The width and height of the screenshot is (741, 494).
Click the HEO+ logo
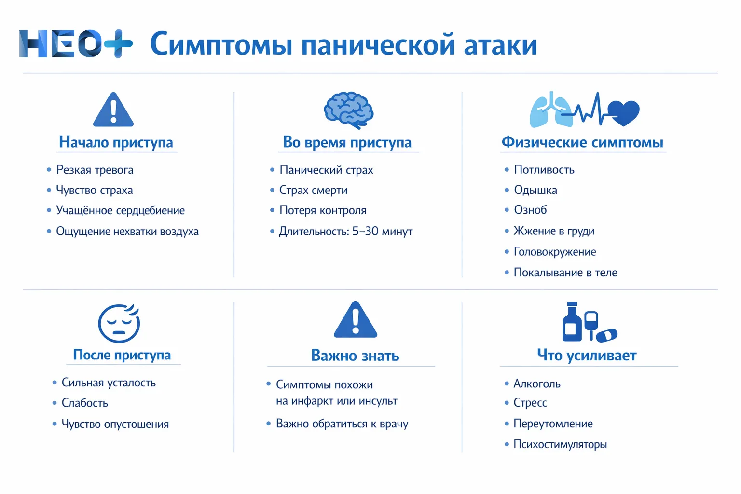coord(76,44)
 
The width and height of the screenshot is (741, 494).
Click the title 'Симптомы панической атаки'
coord(343,44)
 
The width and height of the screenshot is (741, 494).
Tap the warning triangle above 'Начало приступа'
coord(113,110)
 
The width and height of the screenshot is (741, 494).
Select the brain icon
coord(349,110)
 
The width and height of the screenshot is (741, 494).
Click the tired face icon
coord(119,323)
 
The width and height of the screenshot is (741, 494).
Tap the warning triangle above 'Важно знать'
coord(356,320)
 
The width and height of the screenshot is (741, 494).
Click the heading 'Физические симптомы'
coord(582,142)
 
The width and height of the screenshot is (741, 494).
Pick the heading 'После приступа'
coord(122,355)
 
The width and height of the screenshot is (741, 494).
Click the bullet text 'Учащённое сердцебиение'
coord(120,210)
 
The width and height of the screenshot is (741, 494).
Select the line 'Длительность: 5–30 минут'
coord(345,232)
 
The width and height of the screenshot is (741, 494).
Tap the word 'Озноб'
coord(530,210)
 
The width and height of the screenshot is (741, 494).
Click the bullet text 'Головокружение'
coord(555,252)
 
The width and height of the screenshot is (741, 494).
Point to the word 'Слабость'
coord(85,403)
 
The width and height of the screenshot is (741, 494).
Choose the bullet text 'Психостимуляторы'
coord(560,444)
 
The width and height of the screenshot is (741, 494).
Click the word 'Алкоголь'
coord(537,384)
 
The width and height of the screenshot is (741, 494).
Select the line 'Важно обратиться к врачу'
coord(342,424)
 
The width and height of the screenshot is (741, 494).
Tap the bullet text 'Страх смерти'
coord(314,190)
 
